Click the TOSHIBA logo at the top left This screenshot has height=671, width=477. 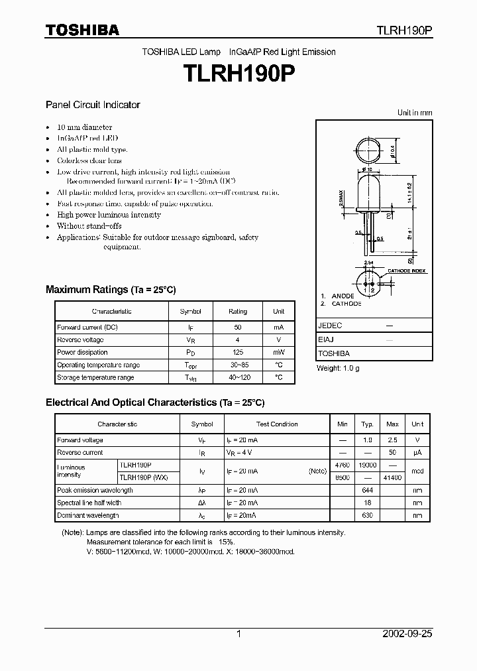[82, 30]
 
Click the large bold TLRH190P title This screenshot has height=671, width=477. [238, 74]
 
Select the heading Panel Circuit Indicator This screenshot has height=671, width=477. [92, 105]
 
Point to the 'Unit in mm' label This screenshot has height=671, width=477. [415, 113]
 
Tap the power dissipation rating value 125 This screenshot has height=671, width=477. [237, 352]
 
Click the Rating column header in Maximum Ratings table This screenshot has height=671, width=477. [237, 311]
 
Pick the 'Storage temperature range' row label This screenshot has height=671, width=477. [95, 377]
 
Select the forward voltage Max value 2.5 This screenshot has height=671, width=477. [392, 440]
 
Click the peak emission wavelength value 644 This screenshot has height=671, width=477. [368, 491]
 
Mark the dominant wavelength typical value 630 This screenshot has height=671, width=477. [368, 516]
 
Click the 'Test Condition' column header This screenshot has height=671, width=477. [277, 424]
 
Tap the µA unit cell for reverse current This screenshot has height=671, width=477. [417, 453]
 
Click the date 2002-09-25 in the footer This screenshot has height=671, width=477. [407, 634]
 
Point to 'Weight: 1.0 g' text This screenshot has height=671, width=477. [338, 368]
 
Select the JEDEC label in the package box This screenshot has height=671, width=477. [330, 326]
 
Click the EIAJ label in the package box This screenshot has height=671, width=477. [326, 339]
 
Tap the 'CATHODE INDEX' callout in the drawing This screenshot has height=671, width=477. [407, 271]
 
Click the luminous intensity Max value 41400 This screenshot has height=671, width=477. [392, 478]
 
